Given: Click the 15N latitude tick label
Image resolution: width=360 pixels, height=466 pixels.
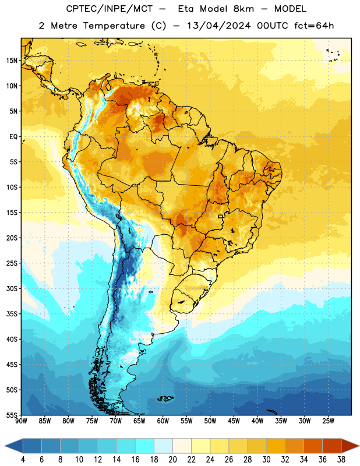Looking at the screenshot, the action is coord(12,61).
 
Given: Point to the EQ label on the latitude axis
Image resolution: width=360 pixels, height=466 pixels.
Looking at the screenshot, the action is coord(13,137).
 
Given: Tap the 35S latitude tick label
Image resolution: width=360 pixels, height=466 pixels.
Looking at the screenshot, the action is coord(12,314).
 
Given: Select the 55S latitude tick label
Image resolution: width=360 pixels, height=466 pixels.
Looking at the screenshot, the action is coord(12,415).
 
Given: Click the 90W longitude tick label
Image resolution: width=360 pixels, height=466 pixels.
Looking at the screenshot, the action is coord(21,421).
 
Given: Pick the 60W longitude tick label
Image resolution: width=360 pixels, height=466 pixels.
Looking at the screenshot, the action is coord(163,421).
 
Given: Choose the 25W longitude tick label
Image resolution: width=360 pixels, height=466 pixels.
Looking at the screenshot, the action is coord(328,421).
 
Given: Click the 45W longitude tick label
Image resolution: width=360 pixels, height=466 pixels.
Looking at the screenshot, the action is coord(234,421).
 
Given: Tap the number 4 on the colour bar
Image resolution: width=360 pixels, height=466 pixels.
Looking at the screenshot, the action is coord(23,460).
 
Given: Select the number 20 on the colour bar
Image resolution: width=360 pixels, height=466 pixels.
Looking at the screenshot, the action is coord(172,460).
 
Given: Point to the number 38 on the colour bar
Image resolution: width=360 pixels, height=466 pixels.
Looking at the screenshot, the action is coord(341,460).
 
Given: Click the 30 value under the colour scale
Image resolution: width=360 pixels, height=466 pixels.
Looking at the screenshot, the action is coord(266,460).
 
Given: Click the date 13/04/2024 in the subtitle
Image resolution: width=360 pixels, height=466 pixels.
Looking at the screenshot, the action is coord(218,26).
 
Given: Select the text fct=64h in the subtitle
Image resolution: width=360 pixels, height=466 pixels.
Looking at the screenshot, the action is coord(314,26).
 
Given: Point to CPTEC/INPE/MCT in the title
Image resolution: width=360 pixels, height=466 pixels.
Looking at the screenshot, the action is coord(109,9).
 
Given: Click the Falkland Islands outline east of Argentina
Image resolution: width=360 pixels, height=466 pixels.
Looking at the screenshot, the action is coord(165,398).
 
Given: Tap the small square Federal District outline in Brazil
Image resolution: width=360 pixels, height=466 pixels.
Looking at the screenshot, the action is coord(221,216).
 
